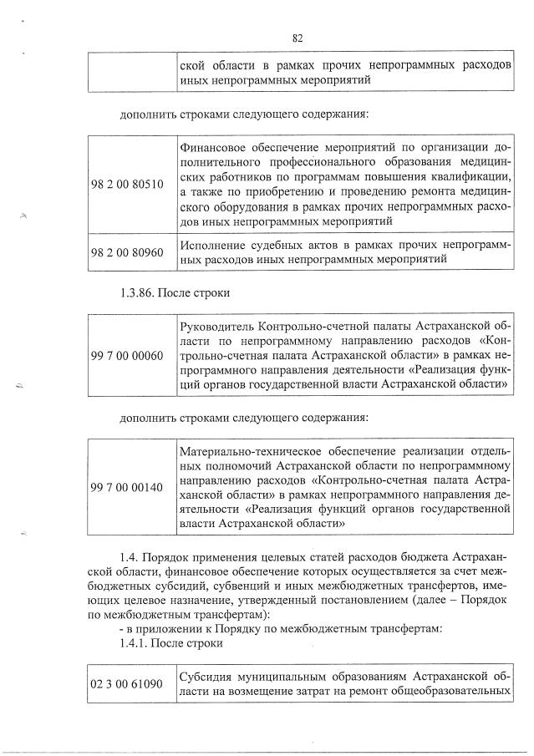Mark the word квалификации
tap(472, 177)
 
